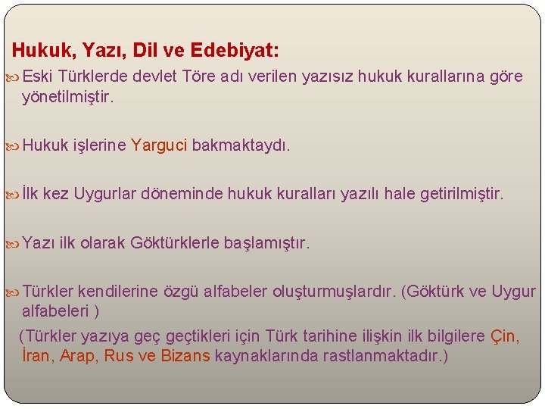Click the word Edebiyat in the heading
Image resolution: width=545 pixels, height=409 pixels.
(x=235, y=51)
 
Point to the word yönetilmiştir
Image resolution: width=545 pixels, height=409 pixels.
(x=68, y=97)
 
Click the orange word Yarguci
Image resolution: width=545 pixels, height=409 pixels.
(x=159, y=145)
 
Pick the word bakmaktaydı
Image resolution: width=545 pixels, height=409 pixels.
(x=241, y=145)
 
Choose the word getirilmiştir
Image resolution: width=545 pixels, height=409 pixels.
(x=455, y=194)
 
